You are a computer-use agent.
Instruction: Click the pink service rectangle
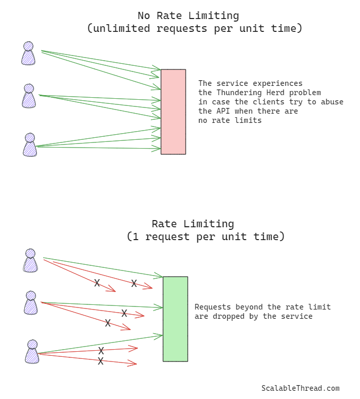(x=173, y=112)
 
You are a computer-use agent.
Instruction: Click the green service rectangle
(x=175, y=319)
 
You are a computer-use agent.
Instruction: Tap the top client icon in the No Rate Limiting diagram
(x=28, y=53)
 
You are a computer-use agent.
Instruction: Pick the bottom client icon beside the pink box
(x=30, y=145)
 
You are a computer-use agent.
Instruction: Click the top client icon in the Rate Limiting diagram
(x=30, y=261)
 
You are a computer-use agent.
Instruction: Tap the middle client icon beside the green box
(x=31, y=303)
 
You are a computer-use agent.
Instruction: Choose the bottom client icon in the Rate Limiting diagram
(x=32, y=352)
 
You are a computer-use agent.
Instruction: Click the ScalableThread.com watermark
(x=300, y=389)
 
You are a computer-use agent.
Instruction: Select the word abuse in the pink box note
(x=332, y=102)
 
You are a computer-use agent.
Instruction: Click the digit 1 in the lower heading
(x=136, y=237)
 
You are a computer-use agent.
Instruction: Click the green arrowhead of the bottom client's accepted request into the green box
(x=159, y=335)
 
